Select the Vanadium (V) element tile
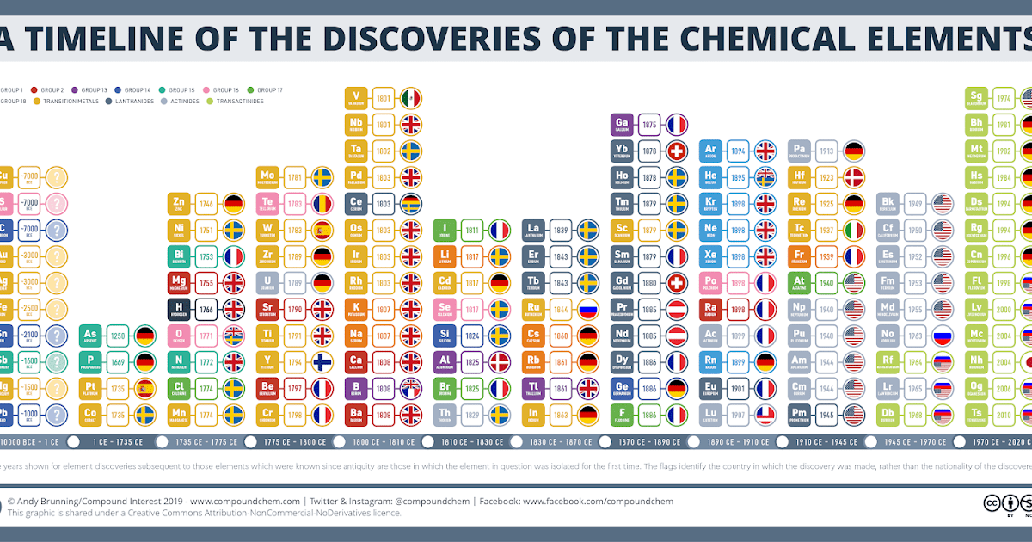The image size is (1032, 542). pyautogui.click(x=357, y=98)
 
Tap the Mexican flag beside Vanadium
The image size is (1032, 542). pyautogui.click(x=411, y=98)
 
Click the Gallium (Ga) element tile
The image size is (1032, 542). pyautogui.click(x=623, y=125)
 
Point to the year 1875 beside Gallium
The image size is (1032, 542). pyautogui.click(x=649, y=125)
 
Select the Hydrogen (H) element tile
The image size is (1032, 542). pyautogui.click(x=179, y=310)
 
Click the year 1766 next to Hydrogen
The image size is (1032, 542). pyautogui.click(x=206, y=310)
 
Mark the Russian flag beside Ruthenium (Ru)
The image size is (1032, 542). pyautogui.click(x=588, y=310)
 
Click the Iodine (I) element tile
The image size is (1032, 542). pyautogui.click(x=445, y=231)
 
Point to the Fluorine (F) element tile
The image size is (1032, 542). pyautogui.click(x=623, y=415)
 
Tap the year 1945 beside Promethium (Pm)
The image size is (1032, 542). pyautogui.click(x=826, y=415)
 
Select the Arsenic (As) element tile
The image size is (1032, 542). pyautogui.click(x=90, y=336)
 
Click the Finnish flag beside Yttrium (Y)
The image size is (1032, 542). pyautogui.click(x=322, y=362)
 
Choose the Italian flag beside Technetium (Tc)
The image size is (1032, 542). pyautogui.click(x=853, y=231)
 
